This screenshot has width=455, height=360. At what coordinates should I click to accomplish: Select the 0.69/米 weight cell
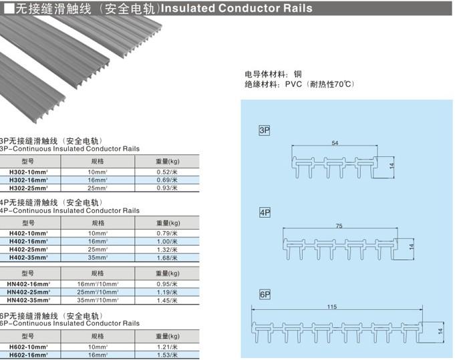click(166, 180)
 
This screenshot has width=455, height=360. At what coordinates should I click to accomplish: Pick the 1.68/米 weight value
click(166, 257)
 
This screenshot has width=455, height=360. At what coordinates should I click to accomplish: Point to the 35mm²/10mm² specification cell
click(98, 301)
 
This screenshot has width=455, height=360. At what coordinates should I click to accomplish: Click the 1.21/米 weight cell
click(166, 347)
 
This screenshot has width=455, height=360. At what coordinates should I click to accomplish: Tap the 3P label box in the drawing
click(264, 130)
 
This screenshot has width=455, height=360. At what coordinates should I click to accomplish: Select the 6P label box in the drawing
click(264, 295)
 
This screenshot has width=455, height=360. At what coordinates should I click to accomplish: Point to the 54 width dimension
click(335, 143)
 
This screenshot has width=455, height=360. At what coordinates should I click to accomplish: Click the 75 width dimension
click(339, 226)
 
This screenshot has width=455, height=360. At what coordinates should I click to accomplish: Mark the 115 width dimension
click(332, 307)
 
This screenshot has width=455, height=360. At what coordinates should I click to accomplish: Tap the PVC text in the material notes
click(294, 85)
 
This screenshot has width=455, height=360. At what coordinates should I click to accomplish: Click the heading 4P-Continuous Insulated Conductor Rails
click(70, 210)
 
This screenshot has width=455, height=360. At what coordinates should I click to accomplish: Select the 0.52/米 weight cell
click(166, 172)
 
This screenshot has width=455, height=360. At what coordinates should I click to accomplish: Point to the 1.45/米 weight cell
click(166, 301)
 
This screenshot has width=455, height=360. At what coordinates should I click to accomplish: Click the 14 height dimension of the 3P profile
click(392, 164)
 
